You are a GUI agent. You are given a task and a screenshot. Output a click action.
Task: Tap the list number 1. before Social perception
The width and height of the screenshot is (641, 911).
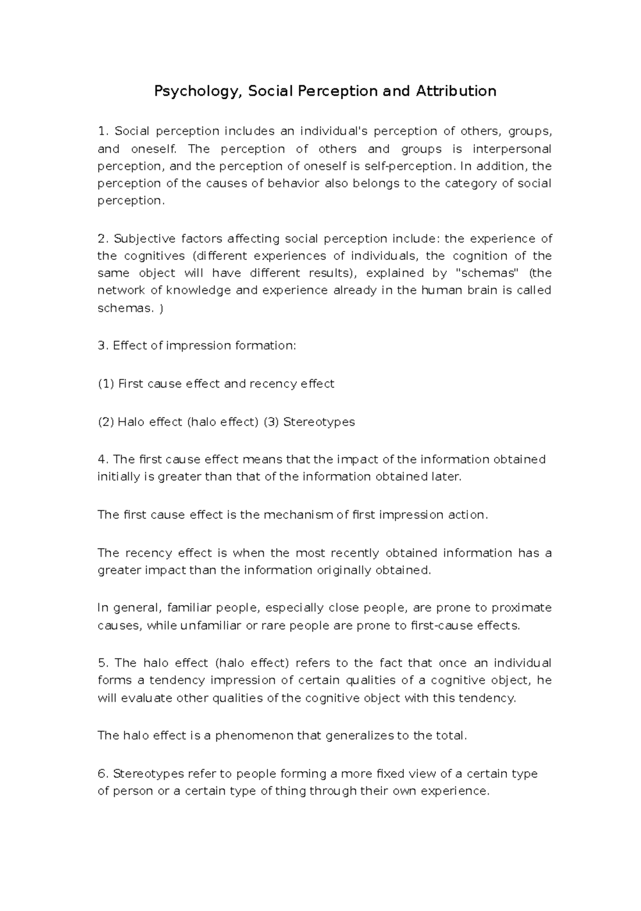point(103,131)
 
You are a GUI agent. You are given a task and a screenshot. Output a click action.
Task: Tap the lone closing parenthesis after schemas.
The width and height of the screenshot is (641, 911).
point(161,308)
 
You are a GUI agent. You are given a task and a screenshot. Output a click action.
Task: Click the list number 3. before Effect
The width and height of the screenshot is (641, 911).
point(103,346)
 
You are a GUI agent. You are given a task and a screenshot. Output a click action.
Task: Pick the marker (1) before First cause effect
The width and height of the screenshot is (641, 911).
point(106,384)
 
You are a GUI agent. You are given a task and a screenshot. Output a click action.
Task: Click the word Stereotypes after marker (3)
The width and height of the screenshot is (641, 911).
point(319,422)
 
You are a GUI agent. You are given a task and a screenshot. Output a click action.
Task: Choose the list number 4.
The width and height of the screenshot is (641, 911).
point(103,460)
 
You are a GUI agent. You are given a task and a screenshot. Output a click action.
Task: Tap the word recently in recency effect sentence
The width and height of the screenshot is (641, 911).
point(355,553)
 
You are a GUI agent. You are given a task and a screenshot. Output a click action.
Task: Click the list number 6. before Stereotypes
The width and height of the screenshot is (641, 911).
point(103,774)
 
